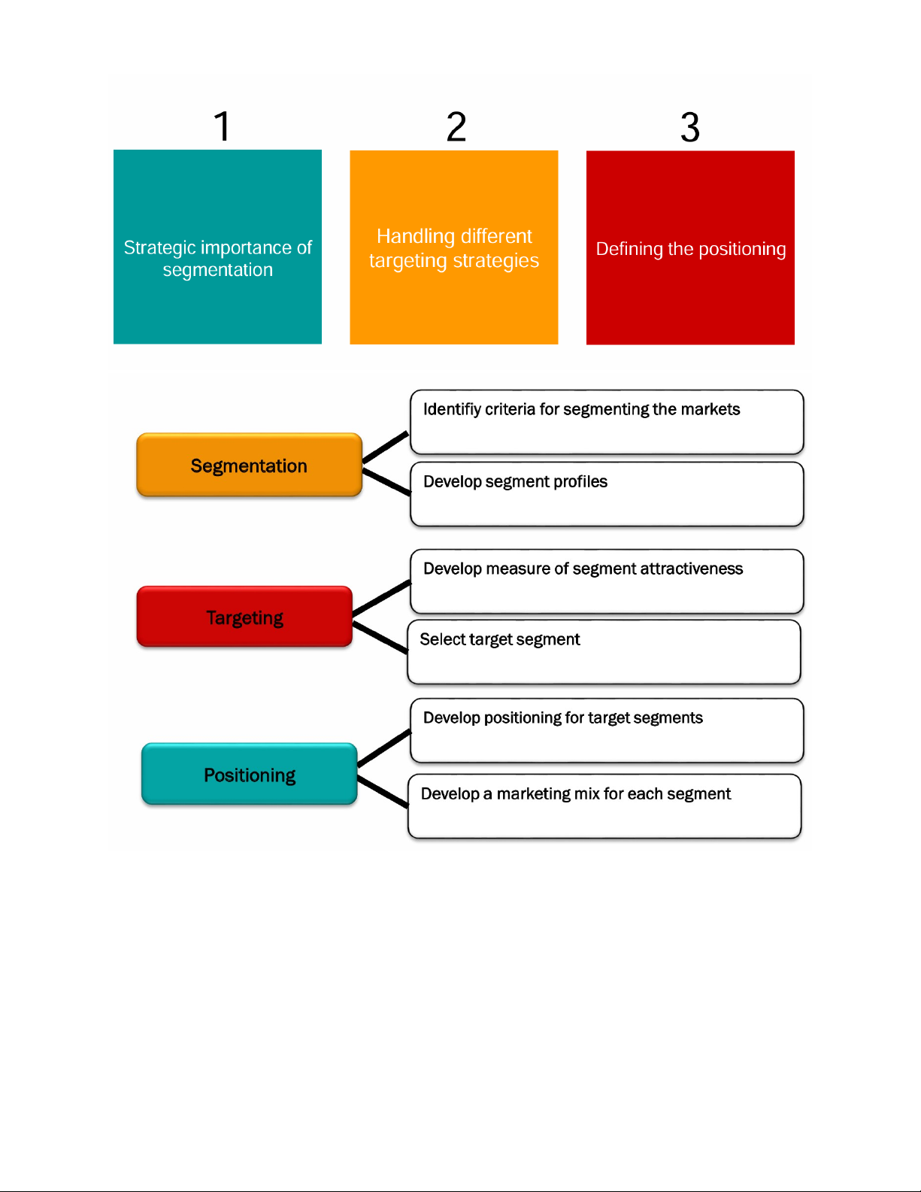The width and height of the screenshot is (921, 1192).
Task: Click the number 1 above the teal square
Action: click(x=222, y=126)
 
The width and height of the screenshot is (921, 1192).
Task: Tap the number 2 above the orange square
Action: click(x=456, y=126)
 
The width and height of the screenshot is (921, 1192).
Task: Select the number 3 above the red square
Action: click(x=690, y=127)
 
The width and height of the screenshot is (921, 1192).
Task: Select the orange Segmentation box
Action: click(x=249, y=466)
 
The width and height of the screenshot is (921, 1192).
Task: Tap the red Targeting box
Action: click(x=244, y=617)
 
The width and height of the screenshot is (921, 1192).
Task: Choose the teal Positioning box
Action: click(x=249, y=775)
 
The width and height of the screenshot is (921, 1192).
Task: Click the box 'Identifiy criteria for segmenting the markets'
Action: click(x=607, y=422)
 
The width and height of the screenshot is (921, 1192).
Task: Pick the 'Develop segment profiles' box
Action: click(x=607, y=494)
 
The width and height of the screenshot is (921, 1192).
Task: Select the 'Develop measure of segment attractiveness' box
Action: click(x=607, y=581)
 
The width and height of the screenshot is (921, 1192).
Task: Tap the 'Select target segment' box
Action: click(x=604, y=652)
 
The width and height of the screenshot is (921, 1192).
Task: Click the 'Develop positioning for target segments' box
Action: click(x=607, y=730)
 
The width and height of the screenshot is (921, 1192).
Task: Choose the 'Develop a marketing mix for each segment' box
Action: click(x=604, y=806)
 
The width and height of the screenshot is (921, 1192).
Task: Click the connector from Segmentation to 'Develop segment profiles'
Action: click(x=386, y=481)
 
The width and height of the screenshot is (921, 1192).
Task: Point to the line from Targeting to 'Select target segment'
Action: click(x=380, y=637)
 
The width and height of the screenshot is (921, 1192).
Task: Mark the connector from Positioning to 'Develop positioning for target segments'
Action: click(x=384, y=748)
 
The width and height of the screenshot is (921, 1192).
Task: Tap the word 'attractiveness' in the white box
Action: click(x=691, y=569)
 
